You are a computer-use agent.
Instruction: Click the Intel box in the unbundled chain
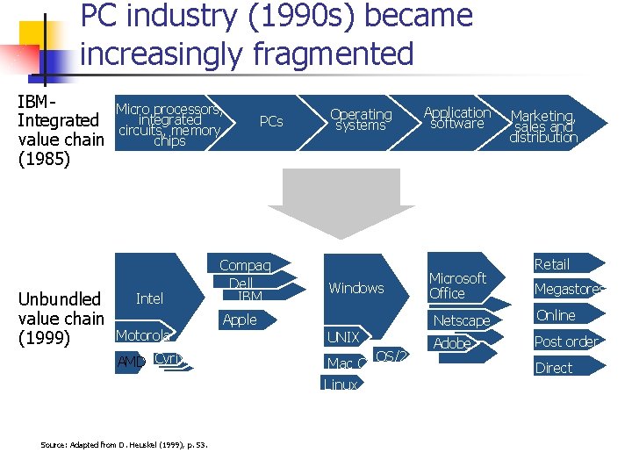(150, 298)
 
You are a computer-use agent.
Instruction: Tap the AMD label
(131, 361)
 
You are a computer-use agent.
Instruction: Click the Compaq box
(245, 265)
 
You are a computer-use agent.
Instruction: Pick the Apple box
(240, 320)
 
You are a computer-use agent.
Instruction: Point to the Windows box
(356, 288)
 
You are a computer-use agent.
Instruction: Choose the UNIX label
(343, 337)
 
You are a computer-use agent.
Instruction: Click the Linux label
(341, 384)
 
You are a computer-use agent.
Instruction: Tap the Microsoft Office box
(459, 285)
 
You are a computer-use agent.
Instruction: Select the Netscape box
(462, 321)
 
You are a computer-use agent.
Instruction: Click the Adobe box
(453, 343)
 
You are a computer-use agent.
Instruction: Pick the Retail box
(552, 264)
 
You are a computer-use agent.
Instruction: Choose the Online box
(556, 315)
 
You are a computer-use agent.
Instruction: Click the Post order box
(567, 341)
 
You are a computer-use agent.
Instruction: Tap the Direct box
(554, 368)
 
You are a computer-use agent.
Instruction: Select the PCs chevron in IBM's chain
(271, 121)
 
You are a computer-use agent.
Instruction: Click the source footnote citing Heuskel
(124, 445)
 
